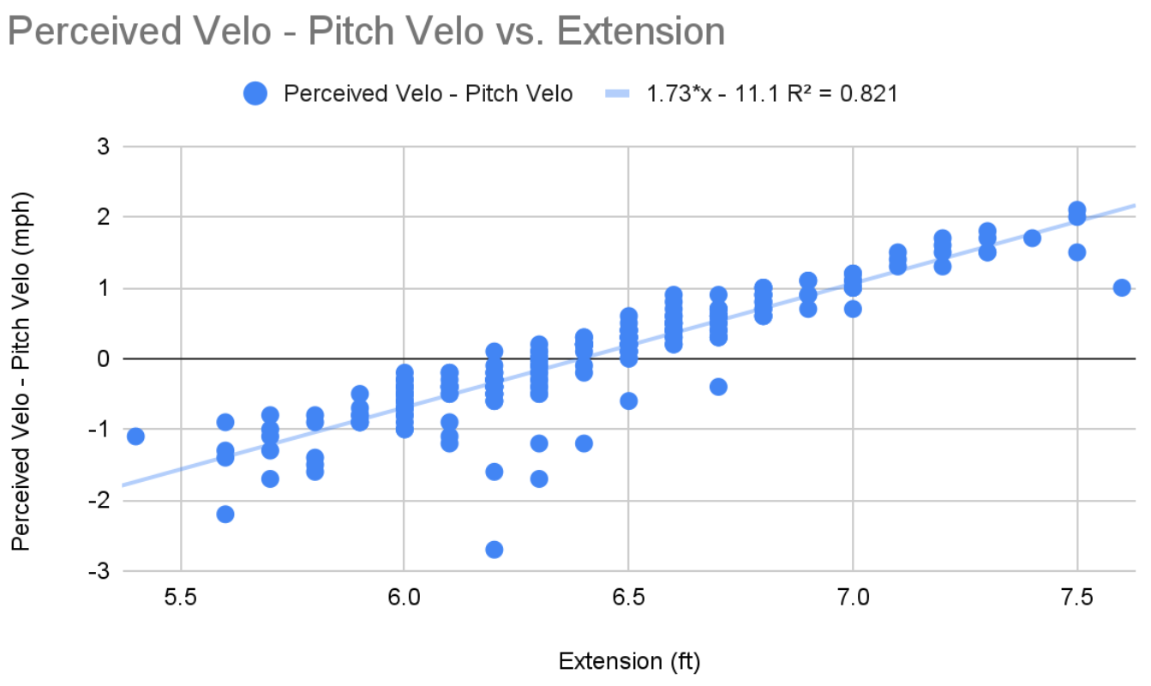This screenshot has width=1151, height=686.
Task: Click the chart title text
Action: pyautogui.click(x=366, y=32)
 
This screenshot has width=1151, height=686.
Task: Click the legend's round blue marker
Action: pyautogui.click(x=256, y=93)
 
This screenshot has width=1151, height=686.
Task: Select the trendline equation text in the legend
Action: pyautogui.click(x=771, y=93)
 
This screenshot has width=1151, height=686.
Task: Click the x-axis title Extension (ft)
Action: pyautogui.click(x=629, y=661)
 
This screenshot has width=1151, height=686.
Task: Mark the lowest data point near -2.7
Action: pyautogui.click(x=495, y=549)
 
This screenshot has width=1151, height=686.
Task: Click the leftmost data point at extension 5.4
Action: pyautogui.click(x=135, y=436)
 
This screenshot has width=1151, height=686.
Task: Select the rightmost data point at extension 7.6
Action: pyautogui.click(x=1122, y=287)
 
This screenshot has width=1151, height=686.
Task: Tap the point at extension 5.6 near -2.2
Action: pyautogui.click(x=225, y=514)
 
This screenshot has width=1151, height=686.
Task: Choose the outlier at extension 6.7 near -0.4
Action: pyautogui.click(x=718, y=387)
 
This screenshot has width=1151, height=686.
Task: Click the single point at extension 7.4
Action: pyautogui.click(x=1032, y=238)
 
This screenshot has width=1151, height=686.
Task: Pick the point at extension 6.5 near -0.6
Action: pyautogui.click(x=629, y=400)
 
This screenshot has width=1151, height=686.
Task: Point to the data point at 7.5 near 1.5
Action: pyautogui.click(x=1077, y=252)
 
